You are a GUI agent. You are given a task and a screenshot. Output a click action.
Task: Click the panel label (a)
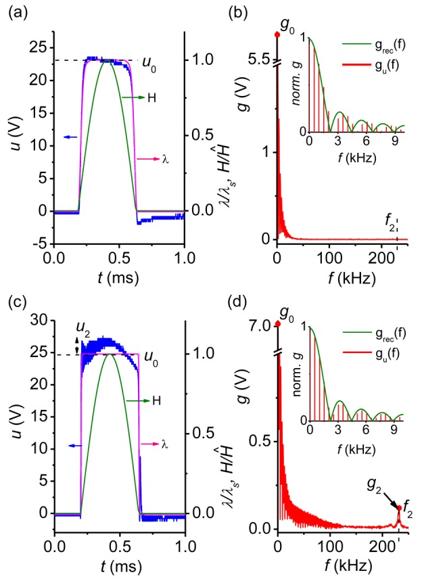15,11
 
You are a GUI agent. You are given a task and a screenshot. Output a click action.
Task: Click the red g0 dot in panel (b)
277,35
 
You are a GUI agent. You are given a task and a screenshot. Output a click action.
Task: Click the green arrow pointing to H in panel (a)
133,98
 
